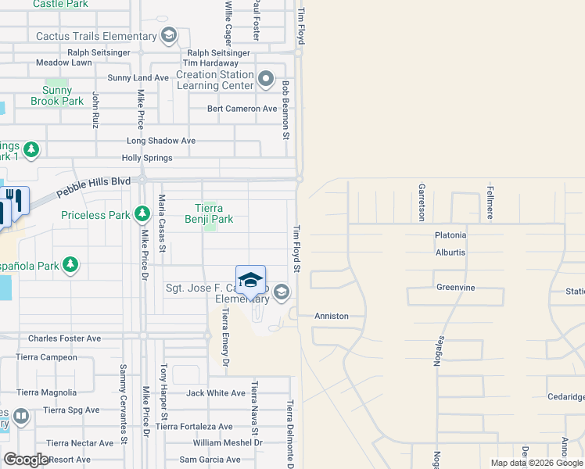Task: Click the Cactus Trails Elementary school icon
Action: click(x=168, y=36)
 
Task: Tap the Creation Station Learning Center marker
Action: click(x=266, y=79)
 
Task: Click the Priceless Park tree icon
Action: click(x=142, y=213)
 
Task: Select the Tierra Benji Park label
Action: click(x=209, y=214)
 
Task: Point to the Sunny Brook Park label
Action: click(x=56, y=96)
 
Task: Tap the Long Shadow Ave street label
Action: click(x=161, y=141)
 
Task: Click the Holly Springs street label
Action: click(x=147, y=158)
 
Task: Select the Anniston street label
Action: click(x=331, y=316)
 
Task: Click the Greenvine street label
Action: click(x=456, y=288)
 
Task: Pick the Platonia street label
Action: click(x=450, y=235)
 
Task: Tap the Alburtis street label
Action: click(x=450, y=252)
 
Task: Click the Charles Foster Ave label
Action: click(x=64, y=338)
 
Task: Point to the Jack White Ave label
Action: click(x=216, y=393)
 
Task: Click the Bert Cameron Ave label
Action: click(x=242, y=109)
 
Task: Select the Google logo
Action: click(x=27, y=459)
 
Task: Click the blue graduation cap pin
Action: click(x=250, y=279)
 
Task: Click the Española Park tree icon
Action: click(x=70, y=266)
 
